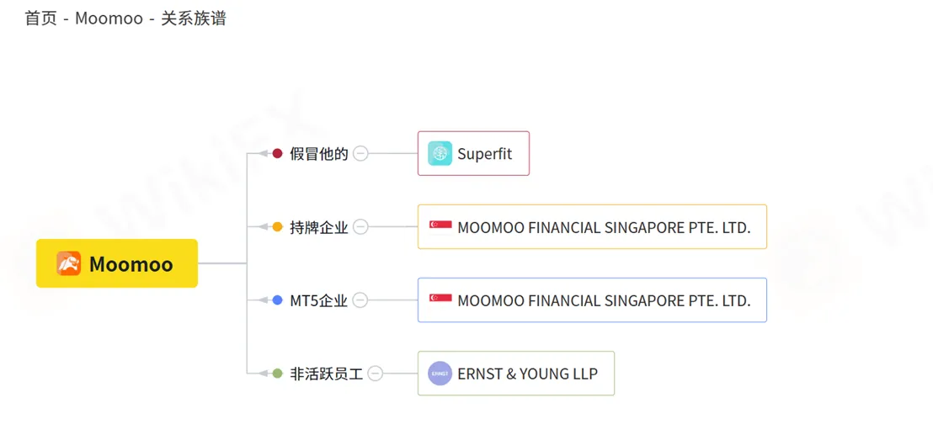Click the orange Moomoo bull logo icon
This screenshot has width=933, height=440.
click(x=69, y=263)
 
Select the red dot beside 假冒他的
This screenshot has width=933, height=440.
click(x=277, y=154)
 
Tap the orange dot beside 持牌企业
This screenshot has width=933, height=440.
click(x=277, y=227)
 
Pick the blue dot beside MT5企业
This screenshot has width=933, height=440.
click(x=277, y=300)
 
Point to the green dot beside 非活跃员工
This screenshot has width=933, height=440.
click(x=277, y=374)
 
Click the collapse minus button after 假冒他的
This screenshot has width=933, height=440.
click(x=360, y=154)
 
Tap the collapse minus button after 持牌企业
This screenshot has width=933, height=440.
click(x=360, y=227)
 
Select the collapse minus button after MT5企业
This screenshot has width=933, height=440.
click(x=360, y=300)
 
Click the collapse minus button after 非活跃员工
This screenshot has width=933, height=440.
click(x=376, y=374)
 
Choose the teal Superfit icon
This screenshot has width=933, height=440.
click(x=440, y=153)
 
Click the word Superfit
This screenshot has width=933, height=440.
click(x=484, y=154)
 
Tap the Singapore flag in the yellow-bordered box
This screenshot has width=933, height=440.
click(x=440, y=227)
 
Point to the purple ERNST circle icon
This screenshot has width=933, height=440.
click(x=440, y=374)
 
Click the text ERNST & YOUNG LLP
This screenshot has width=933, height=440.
click(x=528, y=374)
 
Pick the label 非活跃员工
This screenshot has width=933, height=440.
click(x=326, y=374)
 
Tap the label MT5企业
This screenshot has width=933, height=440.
click(x=318, y=301)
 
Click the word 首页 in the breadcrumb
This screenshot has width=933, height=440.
click(x=41, y=19)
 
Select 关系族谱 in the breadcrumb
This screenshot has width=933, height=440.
click(x=194, y=19)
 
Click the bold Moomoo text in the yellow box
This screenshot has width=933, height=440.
click(x=131, y=264)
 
